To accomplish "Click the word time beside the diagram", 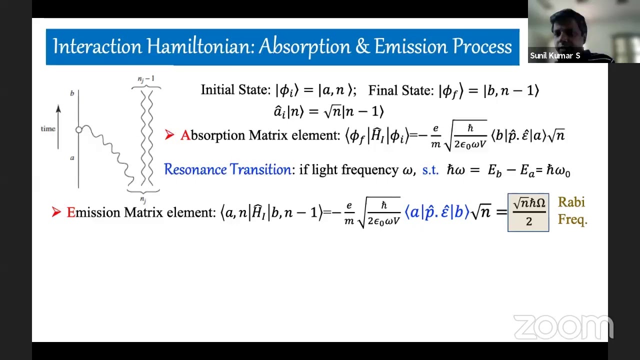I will [x=48, y=129].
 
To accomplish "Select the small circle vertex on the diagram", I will [x=78, y=130].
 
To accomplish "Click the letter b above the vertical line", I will [x=72, y=93].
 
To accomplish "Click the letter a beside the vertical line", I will [x=72, y=158].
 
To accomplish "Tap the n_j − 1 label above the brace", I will [x=146, y=79].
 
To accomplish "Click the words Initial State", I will [x=235, y=90].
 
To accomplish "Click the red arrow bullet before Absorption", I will [x=169, y=135].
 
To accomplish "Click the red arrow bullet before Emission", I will [x=56, y=212].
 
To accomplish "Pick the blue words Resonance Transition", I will [x=227, y=169].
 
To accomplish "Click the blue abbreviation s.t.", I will [x=430, y=170].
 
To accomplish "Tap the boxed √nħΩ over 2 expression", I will [x=528, y=212].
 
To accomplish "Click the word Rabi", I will [x=571, y=202].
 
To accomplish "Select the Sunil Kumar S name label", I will [x=555, y=55].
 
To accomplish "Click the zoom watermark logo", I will [x=563, y=327].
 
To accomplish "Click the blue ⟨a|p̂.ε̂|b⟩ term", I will [x=436, y=212].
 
